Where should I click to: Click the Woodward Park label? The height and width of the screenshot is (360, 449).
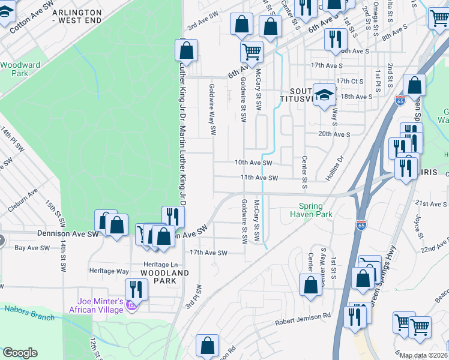20,69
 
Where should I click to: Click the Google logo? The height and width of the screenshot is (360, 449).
19,353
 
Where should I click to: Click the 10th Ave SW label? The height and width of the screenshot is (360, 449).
253,163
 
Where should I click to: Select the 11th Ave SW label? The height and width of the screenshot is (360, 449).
259,178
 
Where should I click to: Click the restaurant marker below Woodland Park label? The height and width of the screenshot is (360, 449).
137,290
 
